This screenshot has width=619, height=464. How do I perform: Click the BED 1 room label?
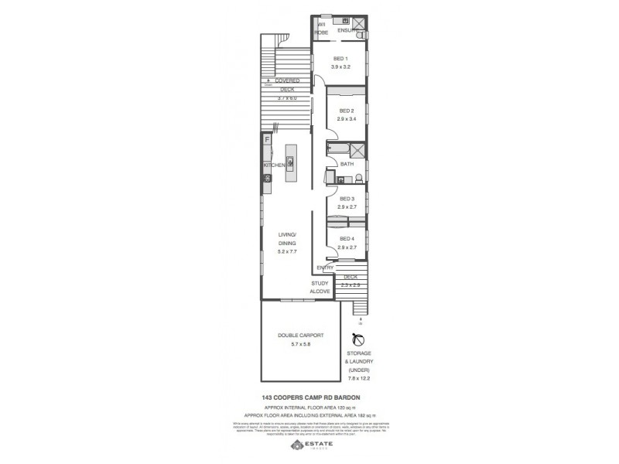341,59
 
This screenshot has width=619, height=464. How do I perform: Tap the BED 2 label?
346,111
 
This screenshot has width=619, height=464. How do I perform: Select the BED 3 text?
346,199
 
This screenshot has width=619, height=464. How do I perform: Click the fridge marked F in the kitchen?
267,140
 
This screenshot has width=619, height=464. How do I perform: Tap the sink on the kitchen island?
290,162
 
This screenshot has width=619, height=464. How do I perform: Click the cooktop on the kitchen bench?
267,179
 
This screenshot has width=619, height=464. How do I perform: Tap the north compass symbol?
358,339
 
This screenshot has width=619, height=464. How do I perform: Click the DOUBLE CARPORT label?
300,336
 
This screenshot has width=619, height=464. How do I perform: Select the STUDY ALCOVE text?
320,288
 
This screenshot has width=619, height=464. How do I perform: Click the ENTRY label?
325,268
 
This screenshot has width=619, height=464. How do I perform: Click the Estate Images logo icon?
295,446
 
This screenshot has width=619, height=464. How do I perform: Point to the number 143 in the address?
268,397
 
